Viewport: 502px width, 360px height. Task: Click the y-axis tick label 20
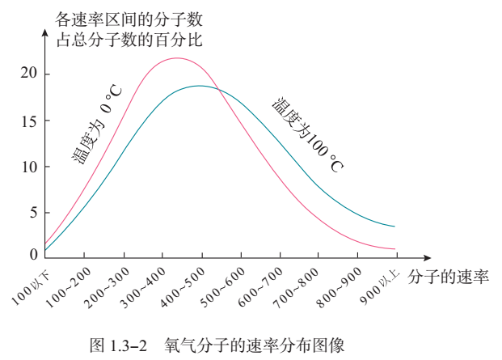(28, 74)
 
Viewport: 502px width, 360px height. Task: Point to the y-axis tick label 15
(28, 121)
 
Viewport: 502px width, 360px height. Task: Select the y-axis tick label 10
(28, 167)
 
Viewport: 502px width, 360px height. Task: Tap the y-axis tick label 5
(32, 214)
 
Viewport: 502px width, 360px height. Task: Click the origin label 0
(33, 255)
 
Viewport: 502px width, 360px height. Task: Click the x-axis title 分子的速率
(448, 276)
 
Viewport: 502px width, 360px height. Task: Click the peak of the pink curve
(176, 58)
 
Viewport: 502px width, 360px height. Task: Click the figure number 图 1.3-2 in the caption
(120, 346)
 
